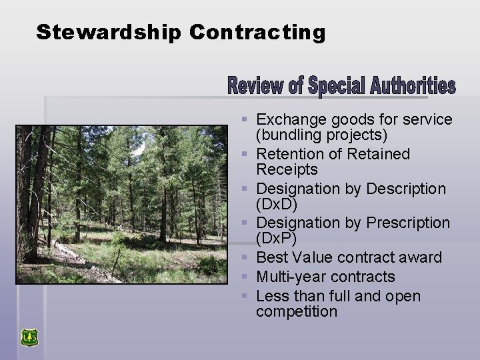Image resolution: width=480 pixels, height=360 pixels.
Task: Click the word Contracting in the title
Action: tap(257, 32)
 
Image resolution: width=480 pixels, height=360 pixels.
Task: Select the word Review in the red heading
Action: tap(248, 87)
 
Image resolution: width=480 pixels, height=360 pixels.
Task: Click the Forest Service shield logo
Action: tap(29, 337)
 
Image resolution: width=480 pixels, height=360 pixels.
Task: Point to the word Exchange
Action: tap(288, 120)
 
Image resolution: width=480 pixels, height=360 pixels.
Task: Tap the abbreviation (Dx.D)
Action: tap(277, 204)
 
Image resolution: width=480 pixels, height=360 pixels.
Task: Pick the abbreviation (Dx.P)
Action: tap(277, 239)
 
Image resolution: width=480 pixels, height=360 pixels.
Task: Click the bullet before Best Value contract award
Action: tap(245, 258)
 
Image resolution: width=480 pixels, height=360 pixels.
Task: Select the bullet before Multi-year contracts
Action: tap(245, 277)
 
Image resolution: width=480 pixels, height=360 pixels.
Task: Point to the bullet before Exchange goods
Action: tap(245, 121)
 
